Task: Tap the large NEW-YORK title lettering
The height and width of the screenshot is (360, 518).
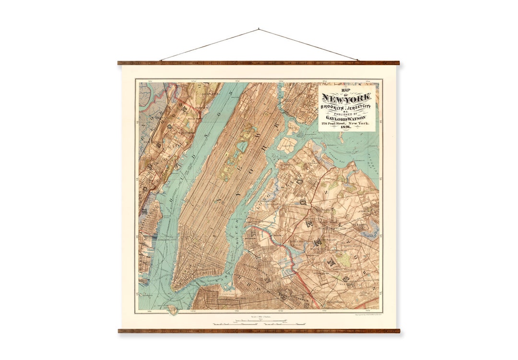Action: (x=346, y=99)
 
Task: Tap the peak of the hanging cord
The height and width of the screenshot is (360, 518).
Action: (x=259, y=29)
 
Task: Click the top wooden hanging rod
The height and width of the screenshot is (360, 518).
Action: (x=259, y=63)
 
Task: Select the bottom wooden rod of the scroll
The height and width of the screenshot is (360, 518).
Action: (x=259, y=330)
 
